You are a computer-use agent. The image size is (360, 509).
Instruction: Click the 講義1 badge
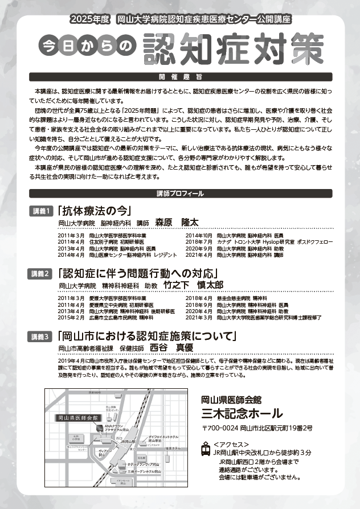pyautogui.click(x=42, y=211)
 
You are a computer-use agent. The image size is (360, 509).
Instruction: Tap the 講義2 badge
pyautogui.click(x=42, y=273)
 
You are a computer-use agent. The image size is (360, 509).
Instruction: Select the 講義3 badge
pyautogui.click(x=42, y=336)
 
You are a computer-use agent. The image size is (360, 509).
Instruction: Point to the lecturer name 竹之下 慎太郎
pyautogui.click(x=193, y=285)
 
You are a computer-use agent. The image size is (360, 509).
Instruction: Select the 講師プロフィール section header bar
pyautogui.click(x=179, y=194)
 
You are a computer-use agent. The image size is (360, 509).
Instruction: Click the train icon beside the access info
pyautogui.click(x=206, y=449)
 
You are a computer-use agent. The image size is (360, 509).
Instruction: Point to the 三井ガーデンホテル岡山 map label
pyautogui.click(x=148, y=472)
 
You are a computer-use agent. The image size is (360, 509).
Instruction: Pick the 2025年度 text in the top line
pyautogui.click(x=89, y=19)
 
